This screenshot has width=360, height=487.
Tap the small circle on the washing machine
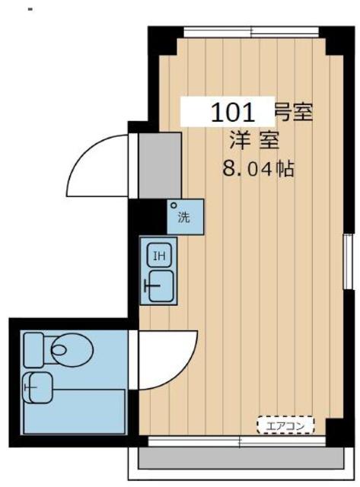(x=174, y=205)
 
